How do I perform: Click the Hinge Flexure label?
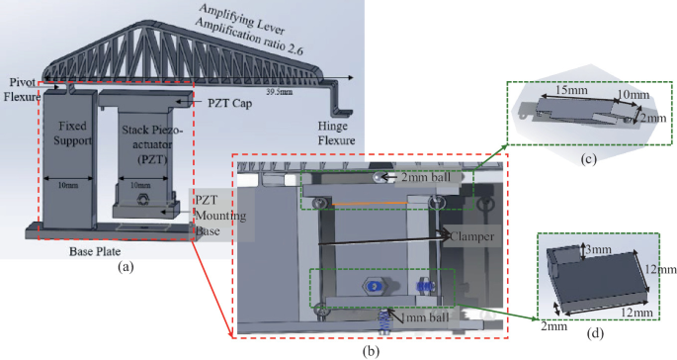point(339,133)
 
